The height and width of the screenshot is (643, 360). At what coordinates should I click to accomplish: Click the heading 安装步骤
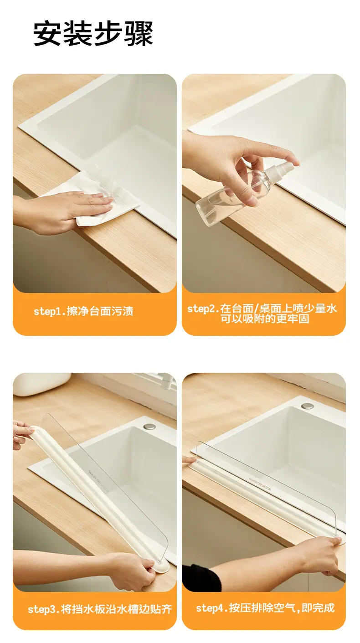(x=93, y=34)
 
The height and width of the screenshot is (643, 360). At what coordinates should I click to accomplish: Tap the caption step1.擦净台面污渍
(x=83, y=311)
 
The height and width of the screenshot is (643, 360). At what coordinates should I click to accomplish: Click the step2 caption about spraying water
(x=262, y=314)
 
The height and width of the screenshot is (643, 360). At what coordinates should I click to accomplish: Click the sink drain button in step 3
(x=149, y=426)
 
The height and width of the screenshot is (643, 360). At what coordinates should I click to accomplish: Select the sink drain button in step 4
(x=308, y=406)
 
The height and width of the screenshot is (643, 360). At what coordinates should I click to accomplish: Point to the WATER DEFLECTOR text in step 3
(x=99, y=481)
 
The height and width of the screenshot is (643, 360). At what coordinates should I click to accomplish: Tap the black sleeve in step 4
(x=201, y=577)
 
